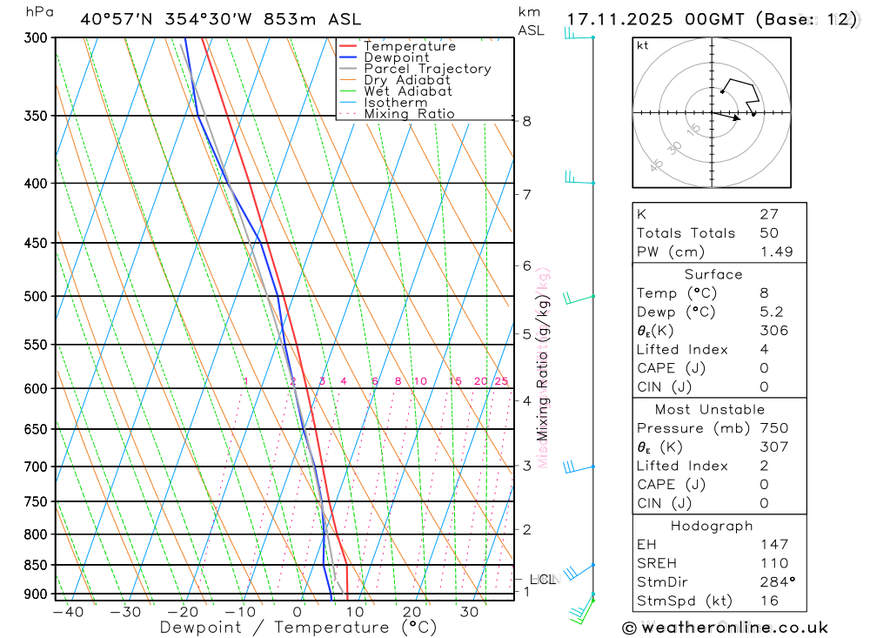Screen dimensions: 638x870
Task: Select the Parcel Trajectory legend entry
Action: (x=427, y=69)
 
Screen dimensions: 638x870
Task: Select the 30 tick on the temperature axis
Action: (x=469, y=612)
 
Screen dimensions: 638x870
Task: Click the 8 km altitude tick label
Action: (x=527, y=121)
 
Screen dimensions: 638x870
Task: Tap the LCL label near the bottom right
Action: (x=543, y=580)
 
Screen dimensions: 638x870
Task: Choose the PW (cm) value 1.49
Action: (x=774, y=252)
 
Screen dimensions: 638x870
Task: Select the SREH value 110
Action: (x=773, y=563)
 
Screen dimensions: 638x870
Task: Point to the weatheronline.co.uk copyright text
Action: (x=726, y=628)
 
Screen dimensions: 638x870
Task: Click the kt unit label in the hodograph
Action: (x=643, y=46)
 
